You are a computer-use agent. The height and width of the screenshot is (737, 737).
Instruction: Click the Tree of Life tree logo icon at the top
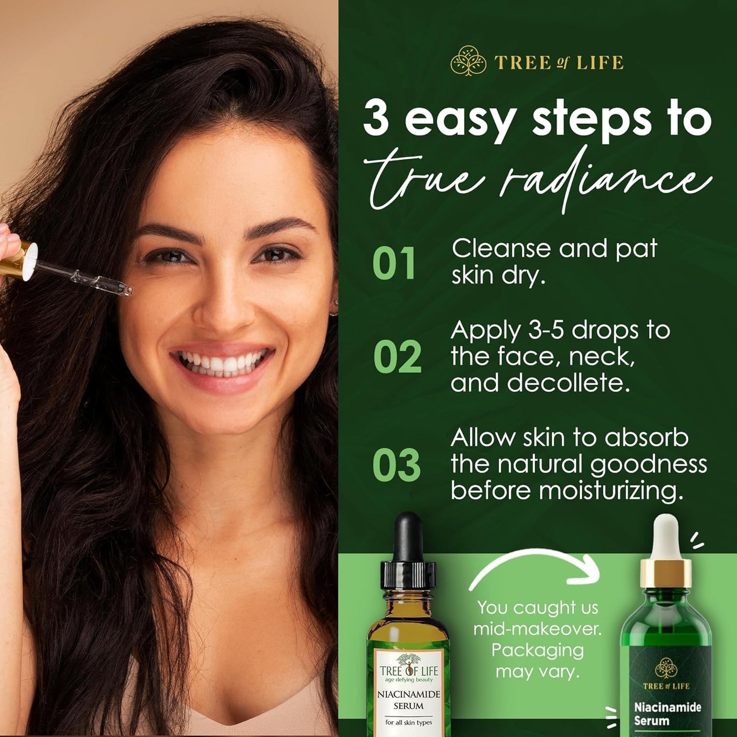tap(468, 61)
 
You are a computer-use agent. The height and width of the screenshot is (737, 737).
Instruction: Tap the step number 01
tap(393, 264)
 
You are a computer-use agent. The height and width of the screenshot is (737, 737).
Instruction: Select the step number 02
tap(397, 357)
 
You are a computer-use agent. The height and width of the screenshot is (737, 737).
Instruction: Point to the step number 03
tap(396, 465)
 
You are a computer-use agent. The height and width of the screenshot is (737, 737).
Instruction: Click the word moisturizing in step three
tap(611, 491)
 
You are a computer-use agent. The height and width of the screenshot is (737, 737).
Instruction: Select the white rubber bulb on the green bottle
tap(665, 536)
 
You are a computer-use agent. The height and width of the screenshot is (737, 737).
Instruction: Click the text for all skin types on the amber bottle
tap(409, 722)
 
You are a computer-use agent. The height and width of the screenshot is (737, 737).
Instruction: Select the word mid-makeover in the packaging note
tap(538, 629)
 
